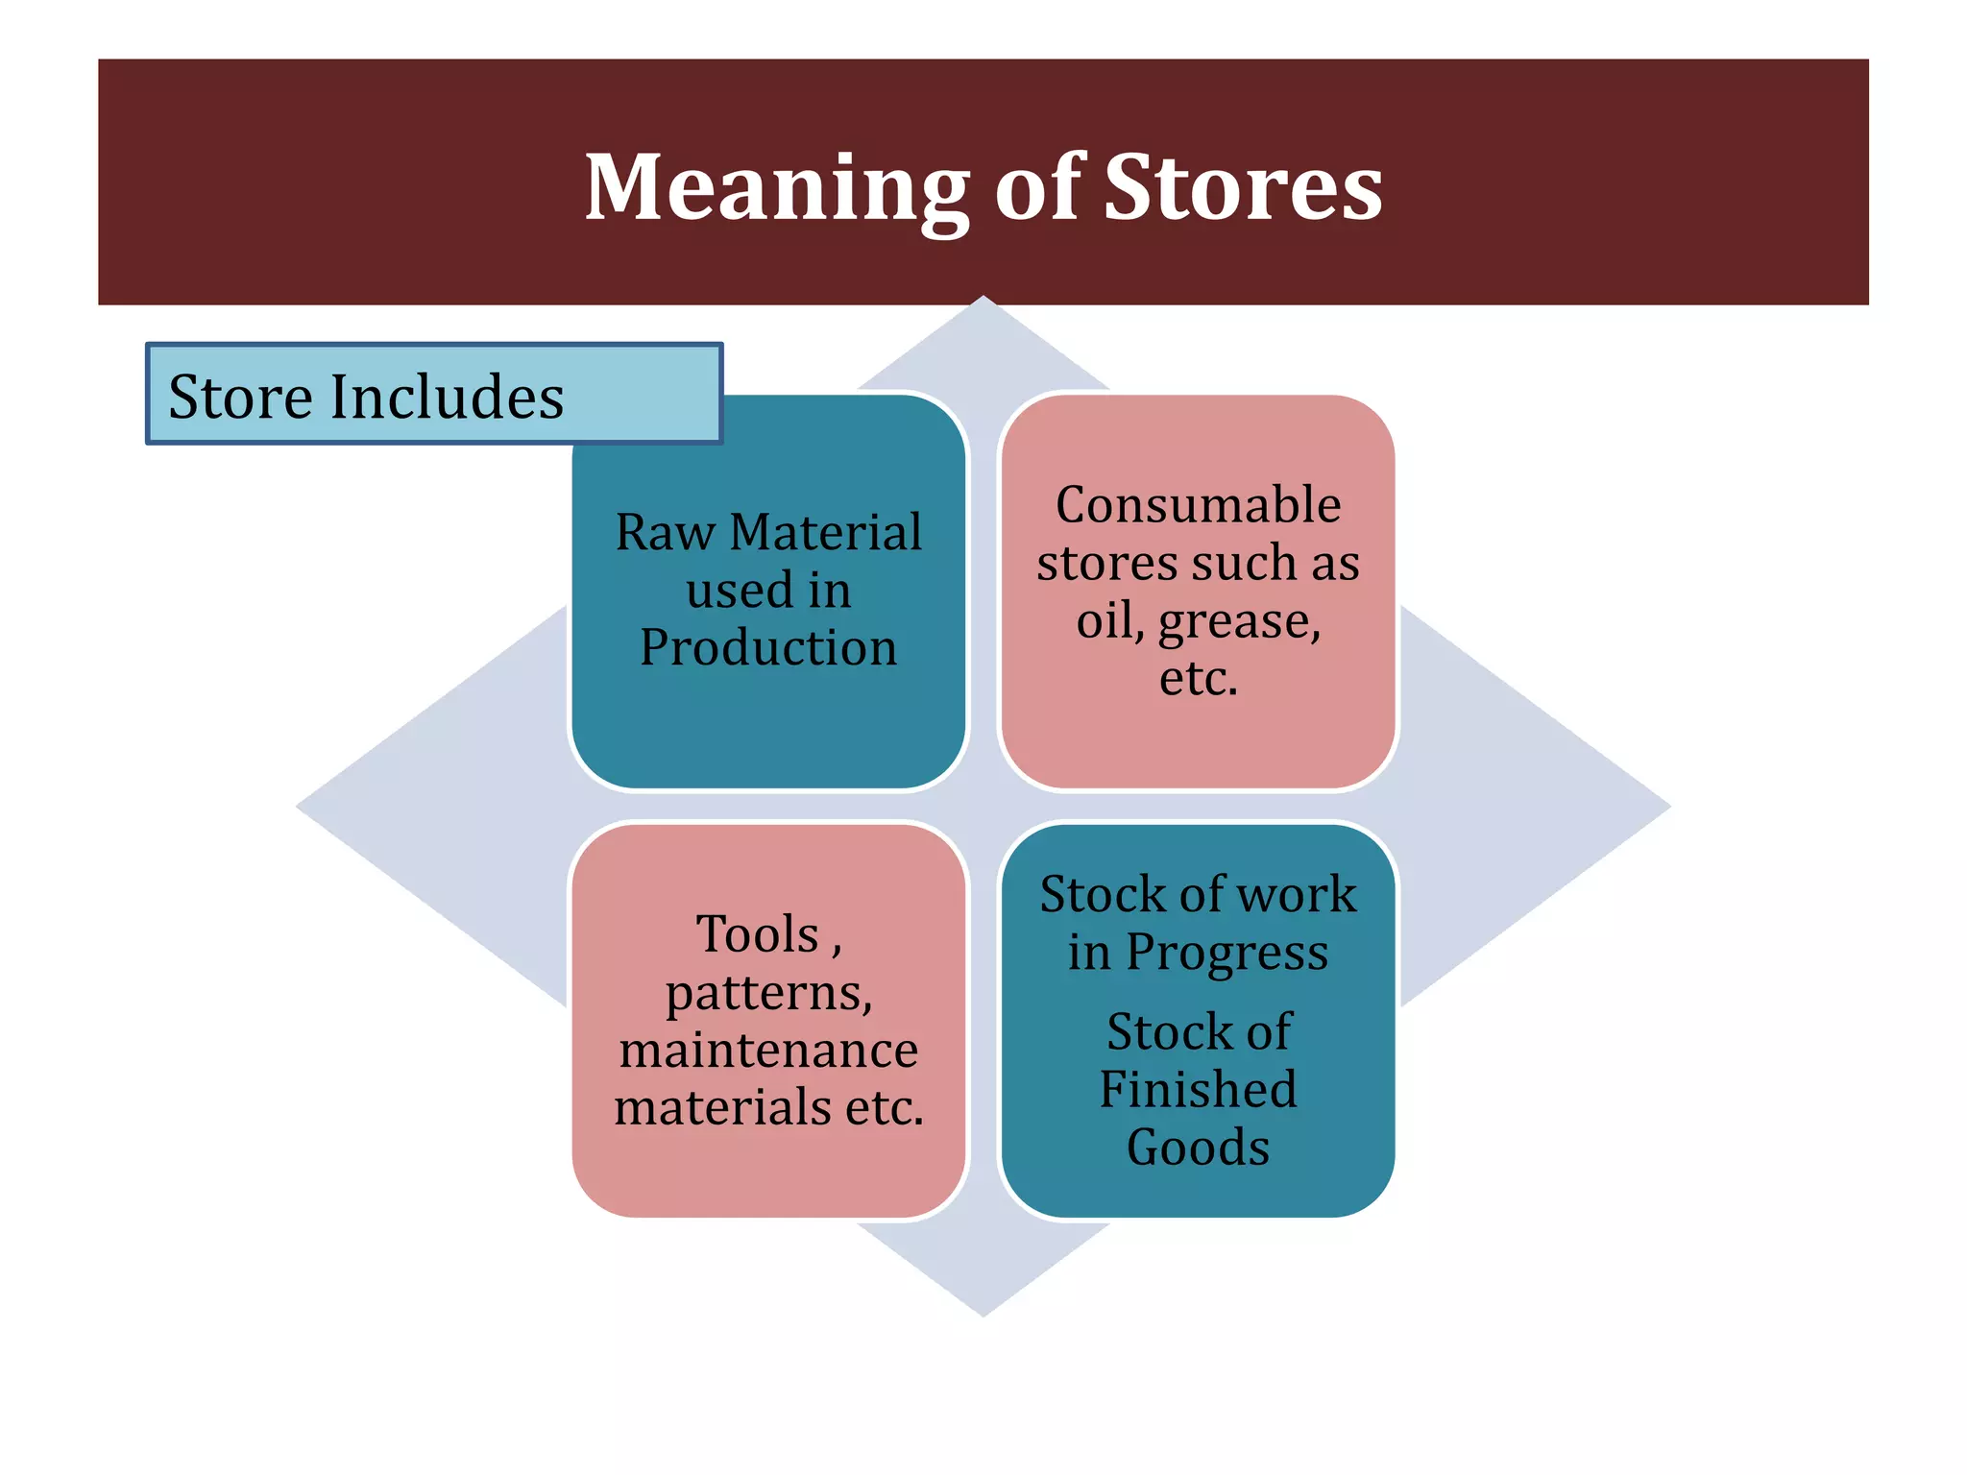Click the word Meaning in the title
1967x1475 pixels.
click(x=777, y=188)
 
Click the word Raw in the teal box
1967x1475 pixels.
click(x=665, y=532)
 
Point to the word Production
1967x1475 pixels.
click(x=768, y=647)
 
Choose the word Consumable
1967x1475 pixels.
click(x=1198, y=505)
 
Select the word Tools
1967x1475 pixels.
click(x=758, y=934)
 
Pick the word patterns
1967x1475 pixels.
click(x=768, y=993)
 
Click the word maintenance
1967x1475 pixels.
click(x=768, y=1050)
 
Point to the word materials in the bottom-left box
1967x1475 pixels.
click(x=722, y=1107)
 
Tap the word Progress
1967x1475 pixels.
click(x=1226, y=954)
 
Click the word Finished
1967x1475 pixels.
click(x=1198, y=1089)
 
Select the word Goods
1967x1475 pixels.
click(x=1198, y=1148)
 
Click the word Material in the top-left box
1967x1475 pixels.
click(x=825, y=532)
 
